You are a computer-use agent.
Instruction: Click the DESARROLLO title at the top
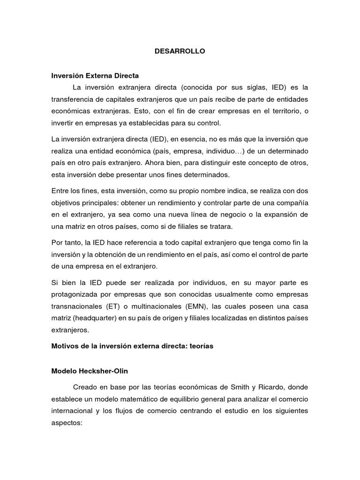coord(180,52)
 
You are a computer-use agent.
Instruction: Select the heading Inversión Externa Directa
coord(95,75)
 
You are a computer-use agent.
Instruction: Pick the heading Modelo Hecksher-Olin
coord(89,371)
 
